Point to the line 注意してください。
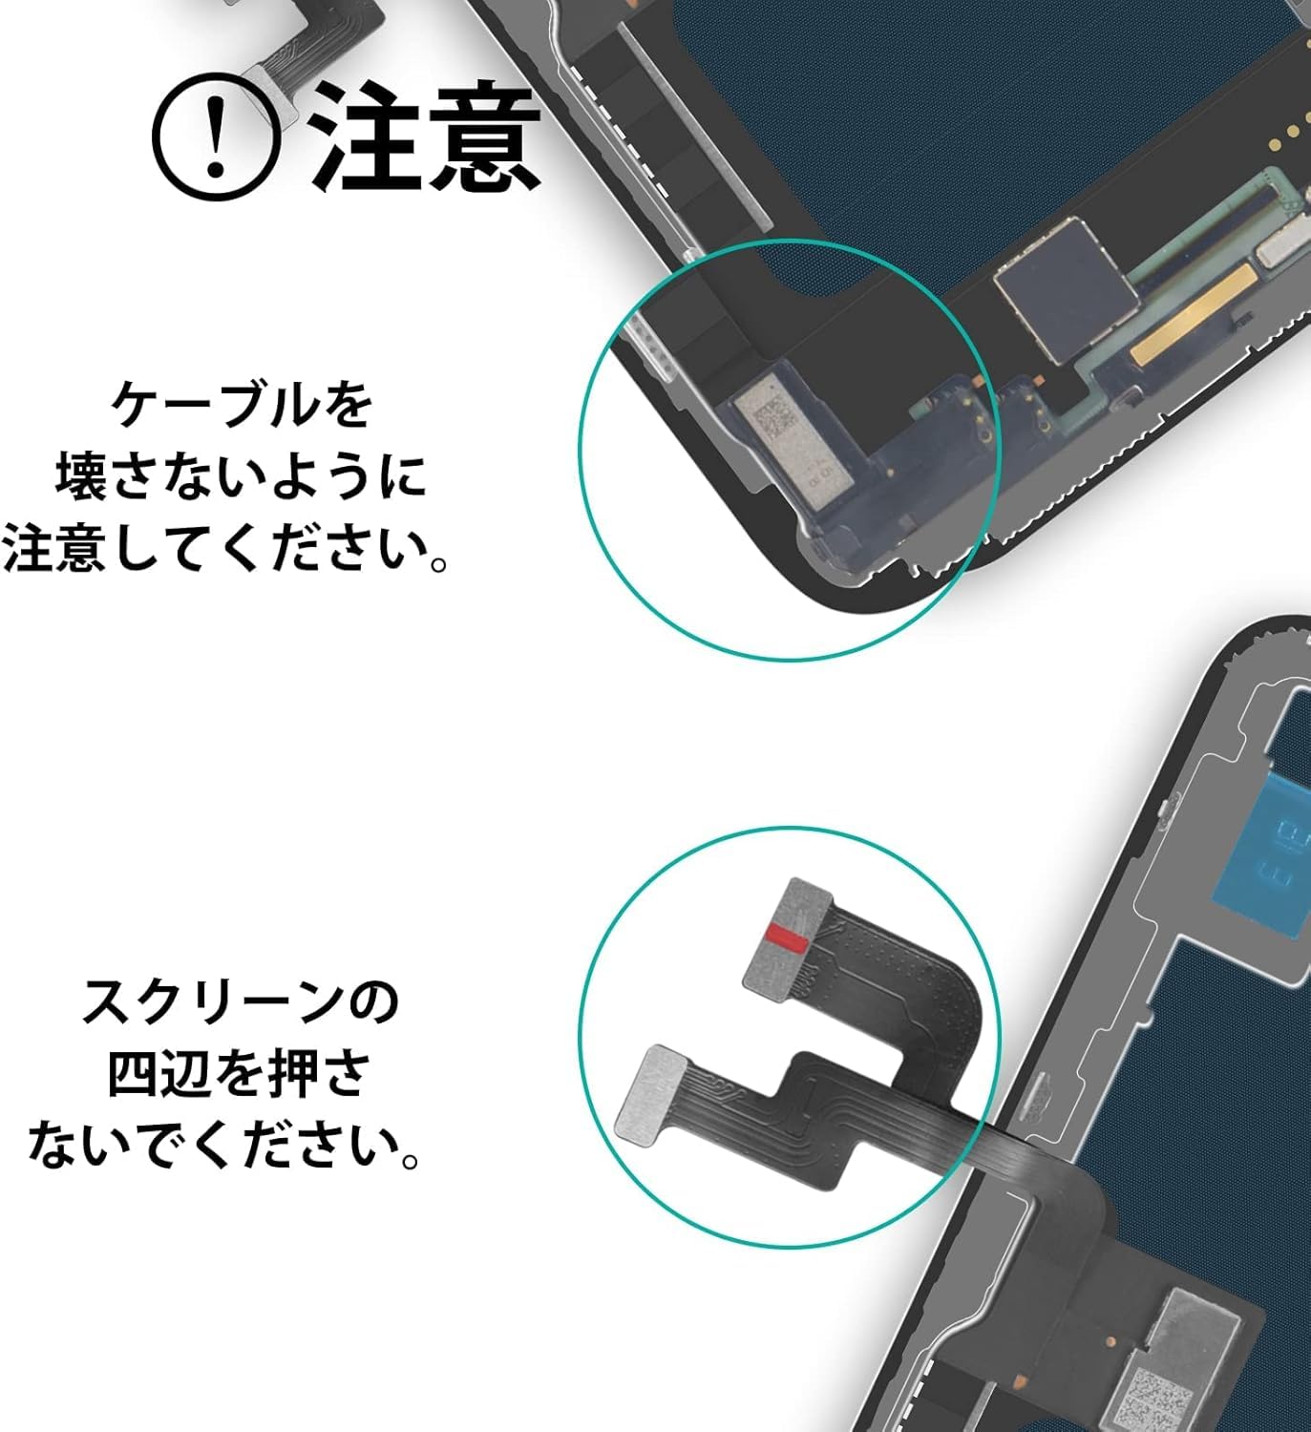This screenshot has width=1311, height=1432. pos(225,548)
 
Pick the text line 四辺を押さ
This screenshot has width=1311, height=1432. pos(238,1074)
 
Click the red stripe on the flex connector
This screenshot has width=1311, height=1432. pos(786,937)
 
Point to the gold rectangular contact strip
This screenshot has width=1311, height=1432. pos(1192,315)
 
